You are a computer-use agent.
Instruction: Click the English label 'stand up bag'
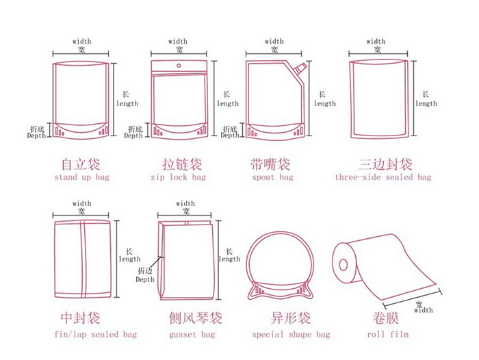point(81,177)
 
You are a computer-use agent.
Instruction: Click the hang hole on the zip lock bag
point(179,67)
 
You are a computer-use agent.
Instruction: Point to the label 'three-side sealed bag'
point(383,177)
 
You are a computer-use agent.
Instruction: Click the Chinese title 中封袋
point(81,319)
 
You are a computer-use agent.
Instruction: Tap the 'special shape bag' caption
point(291,335)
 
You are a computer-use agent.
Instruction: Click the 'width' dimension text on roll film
point(423,310)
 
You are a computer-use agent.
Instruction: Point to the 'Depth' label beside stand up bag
point(36,136)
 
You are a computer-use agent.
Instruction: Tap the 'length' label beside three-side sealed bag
point(426,103)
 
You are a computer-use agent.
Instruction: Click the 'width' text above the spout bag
point(274,42)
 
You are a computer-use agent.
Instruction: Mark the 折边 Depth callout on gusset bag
point(145,275)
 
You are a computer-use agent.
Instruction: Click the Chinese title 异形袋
point(291,319)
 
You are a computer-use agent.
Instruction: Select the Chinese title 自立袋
point(81,164)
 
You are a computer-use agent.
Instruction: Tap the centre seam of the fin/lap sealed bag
point(81,260)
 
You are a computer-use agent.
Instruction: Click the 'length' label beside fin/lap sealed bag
point(129,259)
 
